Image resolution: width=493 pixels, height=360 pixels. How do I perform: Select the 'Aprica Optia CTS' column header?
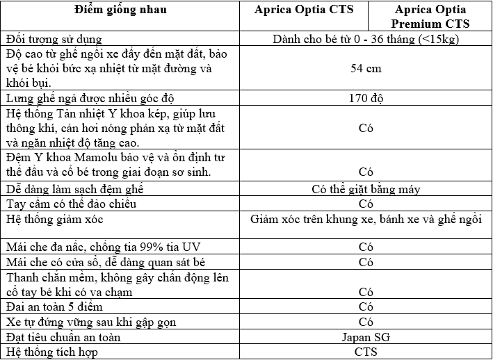point(314,10)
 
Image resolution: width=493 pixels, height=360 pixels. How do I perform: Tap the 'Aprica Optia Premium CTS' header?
point(430,17)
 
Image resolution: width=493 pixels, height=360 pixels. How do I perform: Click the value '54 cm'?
point(366,69)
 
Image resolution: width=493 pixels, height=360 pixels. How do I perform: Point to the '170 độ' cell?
point(366,98)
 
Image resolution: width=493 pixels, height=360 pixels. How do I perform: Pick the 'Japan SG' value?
point(366,337)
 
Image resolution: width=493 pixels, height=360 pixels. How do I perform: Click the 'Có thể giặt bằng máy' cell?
point(366,189)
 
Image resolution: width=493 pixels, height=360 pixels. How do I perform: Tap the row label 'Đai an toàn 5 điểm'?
point(54,306)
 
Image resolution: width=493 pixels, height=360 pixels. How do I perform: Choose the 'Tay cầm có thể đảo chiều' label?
point(71,204)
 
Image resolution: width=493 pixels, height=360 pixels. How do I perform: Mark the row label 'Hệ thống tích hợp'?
point(50,352)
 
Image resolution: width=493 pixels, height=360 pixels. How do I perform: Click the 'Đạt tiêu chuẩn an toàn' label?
point(63,337)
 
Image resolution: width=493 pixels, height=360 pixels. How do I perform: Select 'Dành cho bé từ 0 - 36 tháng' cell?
point(366,39)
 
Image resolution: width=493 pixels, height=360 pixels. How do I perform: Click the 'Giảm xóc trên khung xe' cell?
point(366,220)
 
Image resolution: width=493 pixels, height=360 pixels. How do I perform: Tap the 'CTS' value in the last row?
point(366,352)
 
